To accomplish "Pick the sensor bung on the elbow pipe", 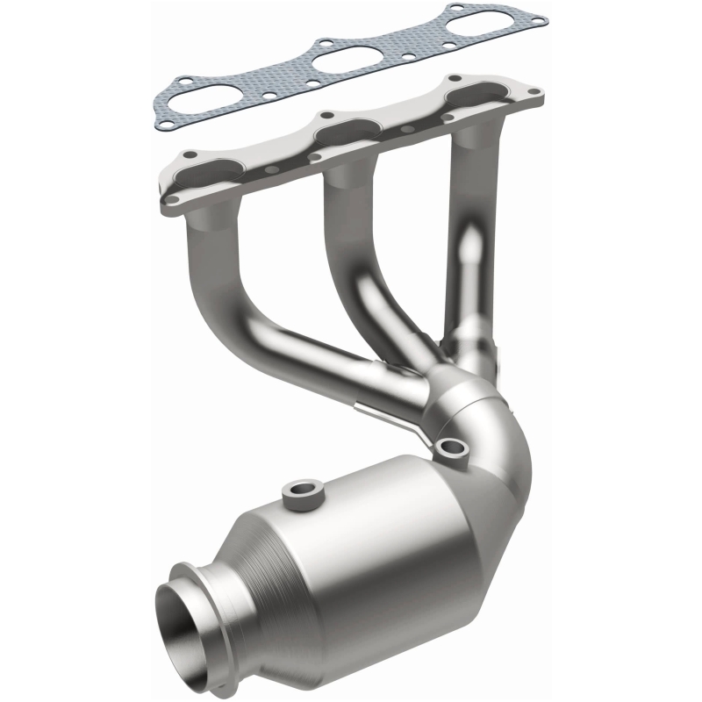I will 454,448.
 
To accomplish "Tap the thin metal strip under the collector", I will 395,415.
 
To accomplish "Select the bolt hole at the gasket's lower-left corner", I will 164,125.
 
